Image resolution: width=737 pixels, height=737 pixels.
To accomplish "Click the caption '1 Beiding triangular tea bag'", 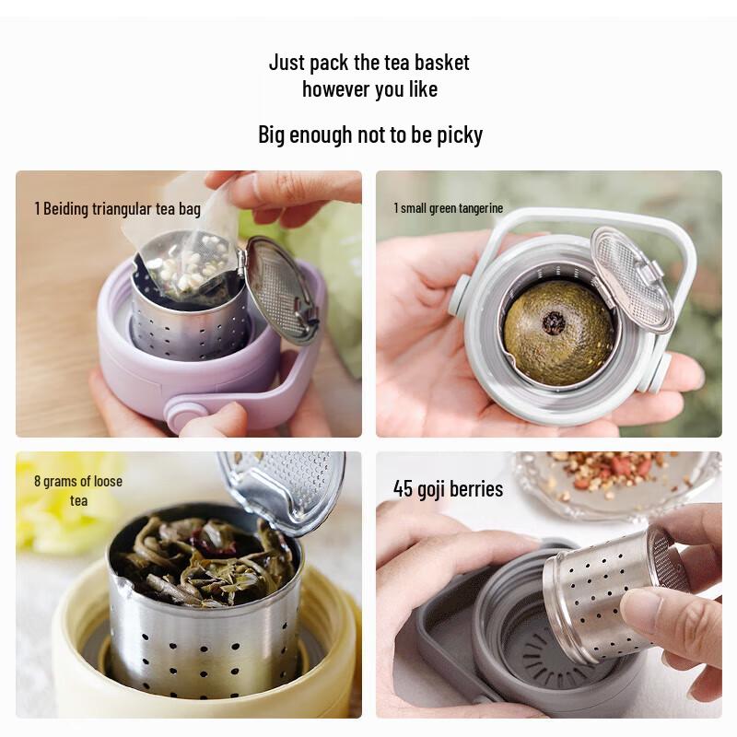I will [x=117, y=209].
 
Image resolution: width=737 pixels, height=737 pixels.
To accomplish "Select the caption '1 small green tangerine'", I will [x=449, y=208].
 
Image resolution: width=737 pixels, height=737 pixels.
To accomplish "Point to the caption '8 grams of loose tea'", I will [x=78, y=490].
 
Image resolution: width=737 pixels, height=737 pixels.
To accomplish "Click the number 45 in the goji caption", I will [x=403, y=488].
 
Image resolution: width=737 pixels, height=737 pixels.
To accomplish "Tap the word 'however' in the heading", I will [x=334, y=89].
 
